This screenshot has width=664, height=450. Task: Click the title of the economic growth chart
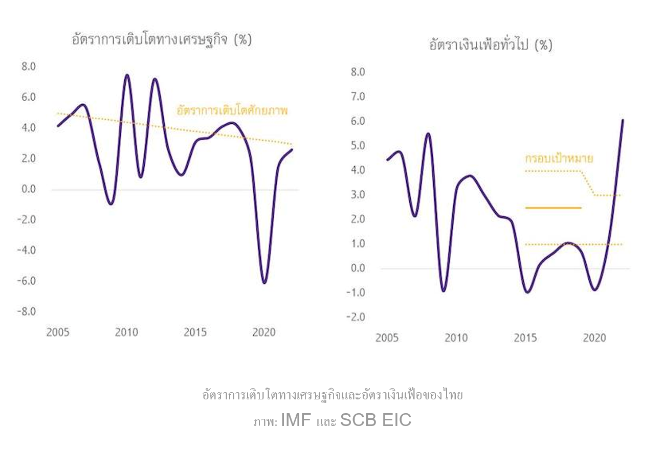click(x=162, y=40)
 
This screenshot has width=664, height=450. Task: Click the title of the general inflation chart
click(x=491, y=45)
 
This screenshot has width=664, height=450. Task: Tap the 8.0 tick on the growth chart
click(x=28, y=66)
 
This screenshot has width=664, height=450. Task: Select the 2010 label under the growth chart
click(x=126, y=332)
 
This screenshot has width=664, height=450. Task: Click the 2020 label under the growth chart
click(x=264, y=332)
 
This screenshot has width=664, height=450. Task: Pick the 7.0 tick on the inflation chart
click(x=357, y=97)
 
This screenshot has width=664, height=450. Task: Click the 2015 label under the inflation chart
click(x=525, y=338)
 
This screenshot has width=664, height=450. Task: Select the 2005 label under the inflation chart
click(x=387, y=338)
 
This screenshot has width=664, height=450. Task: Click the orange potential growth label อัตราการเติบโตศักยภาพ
click(x=232, y=110)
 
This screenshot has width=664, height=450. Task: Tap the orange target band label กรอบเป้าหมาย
click(x=559, y=159)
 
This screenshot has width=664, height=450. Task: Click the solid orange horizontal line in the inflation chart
click(x=554, y=208)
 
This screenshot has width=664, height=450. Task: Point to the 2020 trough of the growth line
click(x=264, y=282)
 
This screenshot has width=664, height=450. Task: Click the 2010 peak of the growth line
click(x=127, y=75)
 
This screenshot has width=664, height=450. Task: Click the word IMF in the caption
click(x=296, y=421)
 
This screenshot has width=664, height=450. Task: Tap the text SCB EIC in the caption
click(x=375, y=421)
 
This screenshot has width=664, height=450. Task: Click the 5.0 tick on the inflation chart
click(x=357, y=146)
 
